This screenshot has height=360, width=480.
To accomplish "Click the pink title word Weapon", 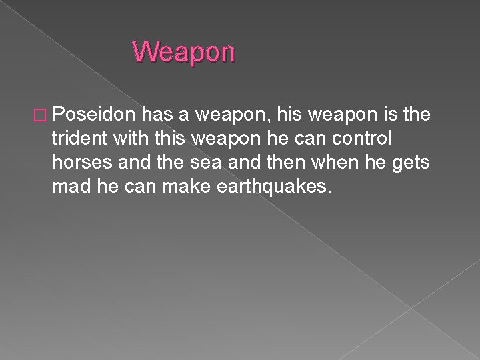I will [183, 51].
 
